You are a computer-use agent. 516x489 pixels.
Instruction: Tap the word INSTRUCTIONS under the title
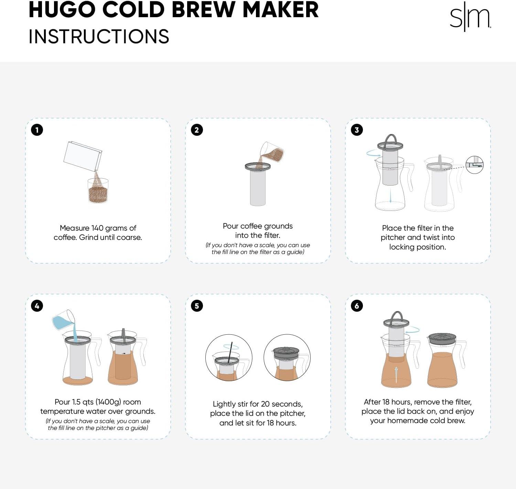(99, 37)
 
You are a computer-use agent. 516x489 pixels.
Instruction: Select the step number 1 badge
(37, 130)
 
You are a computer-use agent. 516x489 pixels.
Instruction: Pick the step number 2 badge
(197, 130)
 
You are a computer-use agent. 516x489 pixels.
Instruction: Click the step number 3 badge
(357, 130)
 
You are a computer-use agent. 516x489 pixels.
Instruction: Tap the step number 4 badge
(37, 306)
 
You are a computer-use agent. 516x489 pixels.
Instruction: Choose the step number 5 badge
(197, 306)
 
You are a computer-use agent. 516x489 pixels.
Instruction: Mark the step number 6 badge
(357, 306)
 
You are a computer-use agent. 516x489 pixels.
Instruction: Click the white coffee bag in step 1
(83, 156)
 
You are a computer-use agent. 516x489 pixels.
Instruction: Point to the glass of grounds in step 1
(98, 191)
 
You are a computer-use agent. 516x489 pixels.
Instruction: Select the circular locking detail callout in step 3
(474, 165)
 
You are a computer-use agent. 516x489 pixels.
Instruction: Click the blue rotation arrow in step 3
(373, 153)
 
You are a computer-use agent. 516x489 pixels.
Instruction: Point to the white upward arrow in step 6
(396, 374)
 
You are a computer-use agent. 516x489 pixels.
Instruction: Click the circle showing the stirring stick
(229, 358)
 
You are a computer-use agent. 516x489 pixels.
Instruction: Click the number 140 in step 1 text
(97, 228)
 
